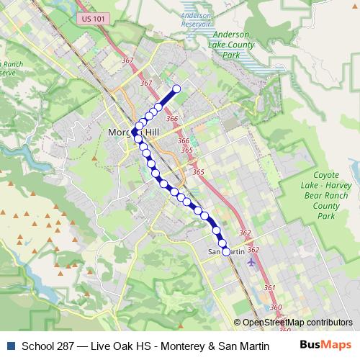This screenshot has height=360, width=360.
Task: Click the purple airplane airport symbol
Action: point(250,261)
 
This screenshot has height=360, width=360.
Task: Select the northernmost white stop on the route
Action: point(176,89)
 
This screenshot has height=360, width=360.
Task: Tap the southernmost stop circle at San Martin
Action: point(225,251)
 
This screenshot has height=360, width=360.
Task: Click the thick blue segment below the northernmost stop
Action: point(168,98)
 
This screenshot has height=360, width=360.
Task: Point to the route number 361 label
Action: point(269,287)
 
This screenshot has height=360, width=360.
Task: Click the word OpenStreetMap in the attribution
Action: point(274,322)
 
